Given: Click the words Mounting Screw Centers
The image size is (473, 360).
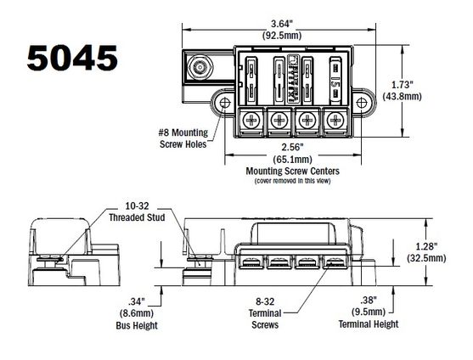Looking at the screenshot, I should [291, 170].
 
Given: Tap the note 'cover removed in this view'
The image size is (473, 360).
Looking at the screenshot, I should [291, 179].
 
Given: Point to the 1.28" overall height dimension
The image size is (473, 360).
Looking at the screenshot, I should [430, 245].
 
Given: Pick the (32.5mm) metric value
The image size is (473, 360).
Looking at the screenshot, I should [430, 256].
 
